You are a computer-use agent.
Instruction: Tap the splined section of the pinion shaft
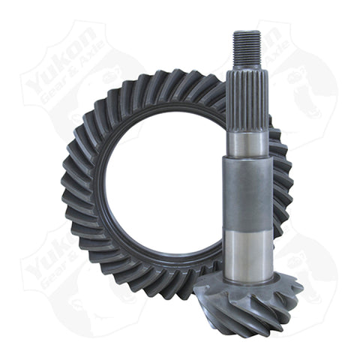(x=247, y=97)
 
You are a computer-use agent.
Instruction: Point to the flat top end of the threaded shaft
(x=247, y=31)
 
